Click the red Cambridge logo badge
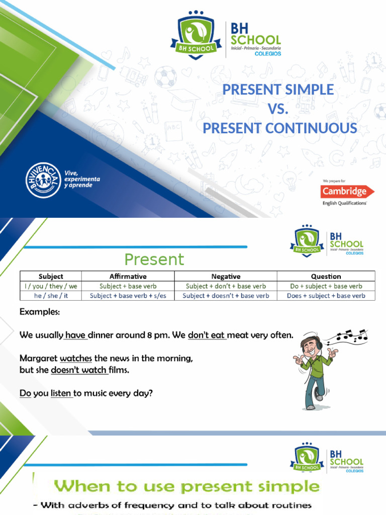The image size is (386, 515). tap(347, 191)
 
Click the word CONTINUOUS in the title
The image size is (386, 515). tap(311, 128)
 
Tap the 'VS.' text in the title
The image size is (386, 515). tap(278, 109)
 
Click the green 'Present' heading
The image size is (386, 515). tap(154, 260)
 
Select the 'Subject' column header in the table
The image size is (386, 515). tap(50, 276)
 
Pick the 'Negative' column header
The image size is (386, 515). tap(226, 276)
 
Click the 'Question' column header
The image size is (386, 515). tap(326, 276)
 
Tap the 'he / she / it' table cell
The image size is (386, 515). tap(50, 296)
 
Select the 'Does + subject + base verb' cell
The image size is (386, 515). tap(326, 296)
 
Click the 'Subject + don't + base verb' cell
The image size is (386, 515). tap(226, 286)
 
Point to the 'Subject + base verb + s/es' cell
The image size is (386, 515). tap(128, 296)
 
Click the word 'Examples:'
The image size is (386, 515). tap(40, 312)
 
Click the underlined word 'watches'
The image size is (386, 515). tap(76, 359)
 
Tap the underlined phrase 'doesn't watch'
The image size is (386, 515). tap(79, 371)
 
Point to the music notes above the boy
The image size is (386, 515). tap(351, 336)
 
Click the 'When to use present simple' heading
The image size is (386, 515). tap(186, 486)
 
